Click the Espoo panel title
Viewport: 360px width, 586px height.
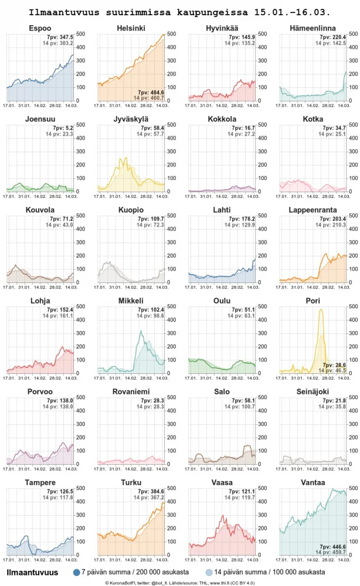(x=40, y=28)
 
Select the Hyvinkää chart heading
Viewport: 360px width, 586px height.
(x=222, y=28)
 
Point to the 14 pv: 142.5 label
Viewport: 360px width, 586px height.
(x=331, y=43)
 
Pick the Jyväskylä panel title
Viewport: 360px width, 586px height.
(x=131, y=119)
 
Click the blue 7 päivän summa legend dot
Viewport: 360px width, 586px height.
(x=76, y=572)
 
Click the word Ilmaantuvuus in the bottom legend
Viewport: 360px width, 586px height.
(x=32, y=572)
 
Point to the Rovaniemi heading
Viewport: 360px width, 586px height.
(x=131, y=391)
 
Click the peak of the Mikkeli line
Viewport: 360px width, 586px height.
(x=141, y=332)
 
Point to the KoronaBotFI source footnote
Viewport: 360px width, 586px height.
(x=179, y=582)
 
